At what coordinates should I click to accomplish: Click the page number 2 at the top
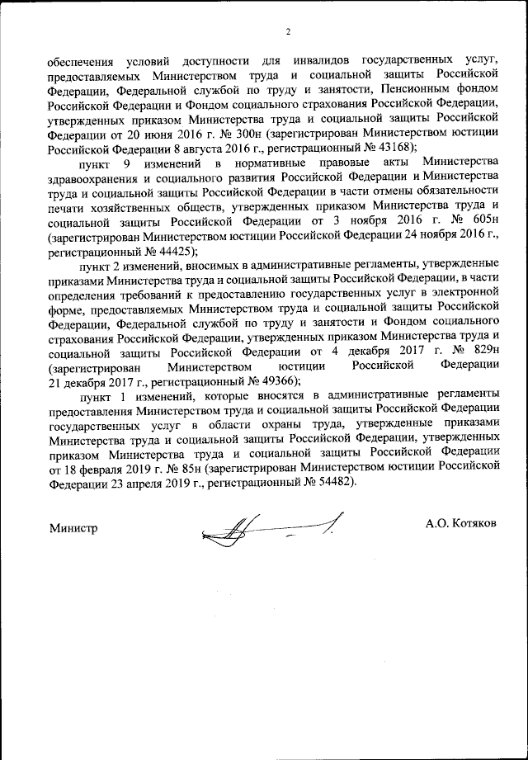click(289, 32)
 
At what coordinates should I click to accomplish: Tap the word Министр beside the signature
click(73, 527)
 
